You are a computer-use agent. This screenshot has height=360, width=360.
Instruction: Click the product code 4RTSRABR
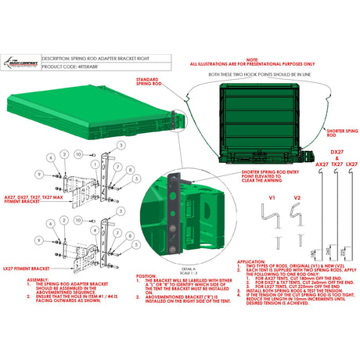coord(81,67)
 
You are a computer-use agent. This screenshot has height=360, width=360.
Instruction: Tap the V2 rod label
coord(296,200)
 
